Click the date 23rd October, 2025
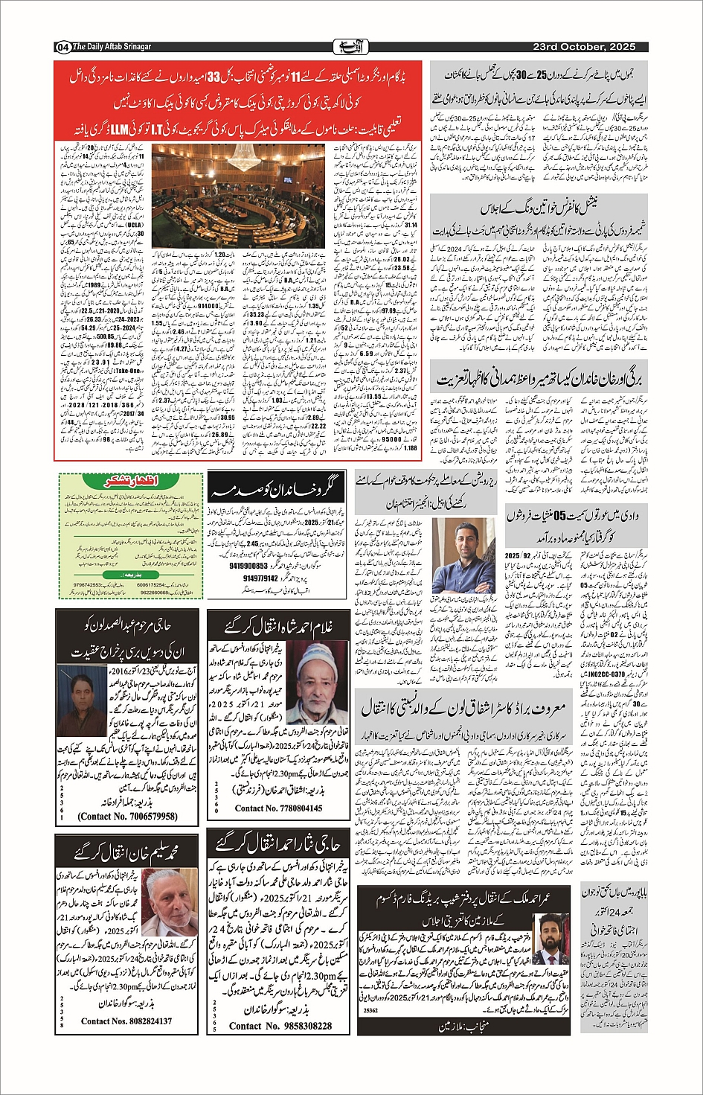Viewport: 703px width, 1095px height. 584,47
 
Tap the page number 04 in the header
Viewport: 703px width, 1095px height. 62,47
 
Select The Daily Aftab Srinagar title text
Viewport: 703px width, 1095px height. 112,47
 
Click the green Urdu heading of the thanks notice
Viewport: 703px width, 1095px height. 129,482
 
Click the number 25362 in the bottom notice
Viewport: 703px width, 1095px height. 370,1010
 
